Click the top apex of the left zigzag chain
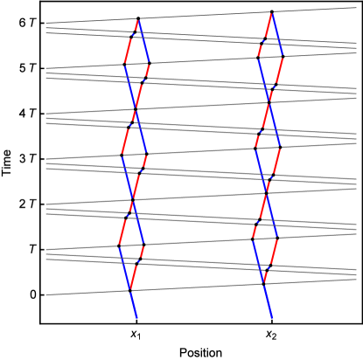tap(137, 18)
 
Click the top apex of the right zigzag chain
tap(273, 12)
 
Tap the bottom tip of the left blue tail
tap(137, 319)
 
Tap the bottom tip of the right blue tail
tap(273, 319)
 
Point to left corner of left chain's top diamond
tap(124, 64)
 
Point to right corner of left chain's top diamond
tap(150, 64)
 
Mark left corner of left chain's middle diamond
tap(121, 155)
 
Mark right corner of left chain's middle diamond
tap(147, 155)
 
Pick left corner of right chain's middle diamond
tap(255, 148)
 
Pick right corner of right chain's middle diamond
tap(281, 148)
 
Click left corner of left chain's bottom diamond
tap(118, 246)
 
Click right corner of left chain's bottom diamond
tap(144, 246)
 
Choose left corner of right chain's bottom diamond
tap(252, 238)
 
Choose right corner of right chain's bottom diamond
tap(278, 238)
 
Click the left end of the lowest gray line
tap(45, 295)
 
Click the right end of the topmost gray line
tap(357, 8)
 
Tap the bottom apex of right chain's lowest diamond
tap(265, 283)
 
